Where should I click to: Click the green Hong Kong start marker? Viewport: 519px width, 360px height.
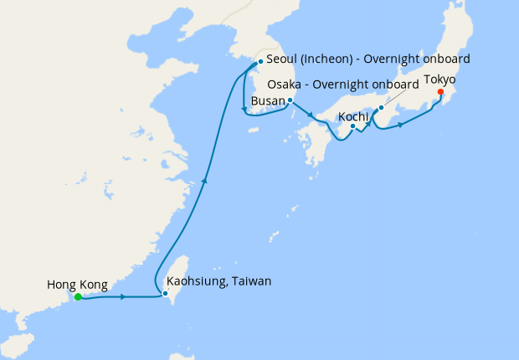[x=77, y=297]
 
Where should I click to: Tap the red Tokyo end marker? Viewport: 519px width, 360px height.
[x=440, y=92]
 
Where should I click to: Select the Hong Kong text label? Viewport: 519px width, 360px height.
[x=77, y=285]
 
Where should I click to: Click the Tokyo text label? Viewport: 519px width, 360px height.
[x=439, y=80]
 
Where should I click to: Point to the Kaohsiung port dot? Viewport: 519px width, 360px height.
[x=165, y=294]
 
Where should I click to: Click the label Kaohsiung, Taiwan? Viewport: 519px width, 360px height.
[x=219, y=281]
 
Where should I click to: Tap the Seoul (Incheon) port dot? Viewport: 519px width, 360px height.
[x=260, y=61]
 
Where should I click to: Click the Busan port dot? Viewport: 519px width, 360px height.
[x=290, y=100]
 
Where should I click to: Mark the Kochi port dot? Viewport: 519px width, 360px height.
[x=353, y=126]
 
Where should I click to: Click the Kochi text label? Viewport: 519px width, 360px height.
[x=352, y=116]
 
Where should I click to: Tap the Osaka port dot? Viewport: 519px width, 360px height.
[x=381, y=107]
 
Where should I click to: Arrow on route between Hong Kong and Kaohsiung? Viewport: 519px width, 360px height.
[x=124, y=297]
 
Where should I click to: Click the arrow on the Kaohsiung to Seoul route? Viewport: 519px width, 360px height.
[x=205, y=178]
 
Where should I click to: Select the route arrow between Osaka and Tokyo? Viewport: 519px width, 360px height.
[x=402, y=125]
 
